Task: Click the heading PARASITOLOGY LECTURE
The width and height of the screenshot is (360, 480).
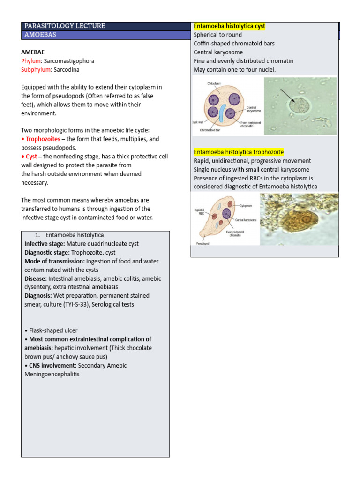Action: [x=65, y=26]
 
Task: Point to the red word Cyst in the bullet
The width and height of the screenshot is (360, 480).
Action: [x=31, y=157]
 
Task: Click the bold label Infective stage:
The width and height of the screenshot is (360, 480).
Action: [x=45, y=244]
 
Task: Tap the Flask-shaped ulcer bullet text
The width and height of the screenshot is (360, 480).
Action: [x=52, y=330]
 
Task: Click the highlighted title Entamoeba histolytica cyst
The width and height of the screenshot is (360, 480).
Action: [x=229, y=26]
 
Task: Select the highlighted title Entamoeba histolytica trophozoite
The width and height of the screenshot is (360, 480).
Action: [x=238, y=152]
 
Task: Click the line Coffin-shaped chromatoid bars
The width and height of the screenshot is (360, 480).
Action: [x=234, y=44]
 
